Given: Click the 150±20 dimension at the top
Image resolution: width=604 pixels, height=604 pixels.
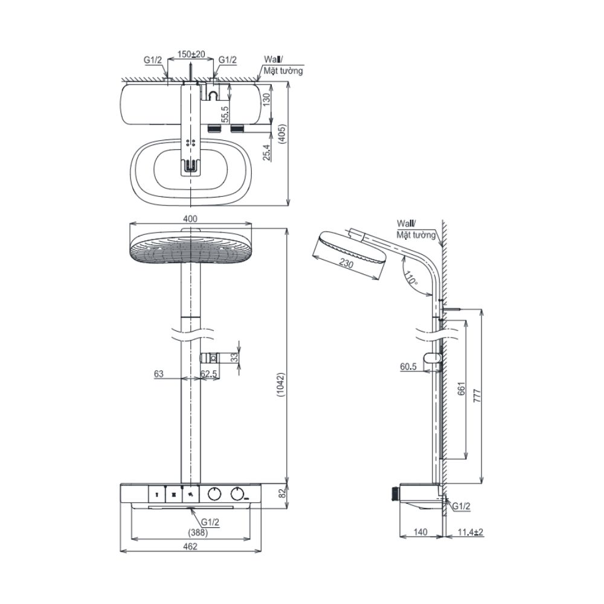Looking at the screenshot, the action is click(191, 54).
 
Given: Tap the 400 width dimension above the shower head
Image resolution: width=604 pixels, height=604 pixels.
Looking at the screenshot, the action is click(190, 219).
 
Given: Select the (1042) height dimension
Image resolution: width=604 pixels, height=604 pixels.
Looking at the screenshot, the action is click(281, 385).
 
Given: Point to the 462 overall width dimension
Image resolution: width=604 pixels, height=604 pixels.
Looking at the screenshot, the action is click(190, 546).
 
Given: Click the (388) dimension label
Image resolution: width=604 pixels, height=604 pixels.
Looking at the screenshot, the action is click(198, 533).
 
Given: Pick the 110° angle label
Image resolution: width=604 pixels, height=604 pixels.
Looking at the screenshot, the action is click(410, 277).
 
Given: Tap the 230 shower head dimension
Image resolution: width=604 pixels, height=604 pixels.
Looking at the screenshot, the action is click(346, 263).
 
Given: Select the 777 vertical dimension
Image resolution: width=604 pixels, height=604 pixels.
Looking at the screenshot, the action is click(477, 396).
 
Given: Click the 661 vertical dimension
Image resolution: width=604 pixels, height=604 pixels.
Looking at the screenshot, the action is click(461, 388).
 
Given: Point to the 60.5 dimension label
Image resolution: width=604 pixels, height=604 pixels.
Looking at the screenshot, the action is click(408, 367).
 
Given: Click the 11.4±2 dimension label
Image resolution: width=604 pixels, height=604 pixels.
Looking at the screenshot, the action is click(471, 532).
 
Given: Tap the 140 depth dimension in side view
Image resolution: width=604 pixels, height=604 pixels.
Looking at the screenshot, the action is click(420, 532).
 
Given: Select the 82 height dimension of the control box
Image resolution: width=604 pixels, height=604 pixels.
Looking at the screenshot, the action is click(283, 493).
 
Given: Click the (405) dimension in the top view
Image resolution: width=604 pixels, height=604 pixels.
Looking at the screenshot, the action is click(282, 134).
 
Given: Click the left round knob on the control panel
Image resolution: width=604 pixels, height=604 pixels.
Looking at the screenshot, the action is click(214, 494).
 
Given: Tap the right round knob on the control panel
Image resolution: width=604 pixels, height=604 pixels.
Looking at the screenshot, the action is click(237, 494).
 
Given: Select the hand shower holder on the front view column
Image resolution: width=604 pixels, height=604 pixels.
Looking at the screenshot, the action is click(210, 358).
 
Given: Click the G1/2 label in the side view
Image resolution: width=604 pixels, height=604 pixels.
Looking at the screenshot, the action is click(461, 506).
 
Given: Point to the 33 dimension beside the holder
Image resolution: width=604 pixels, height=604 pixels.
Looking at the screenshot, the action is click(234, 358).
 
